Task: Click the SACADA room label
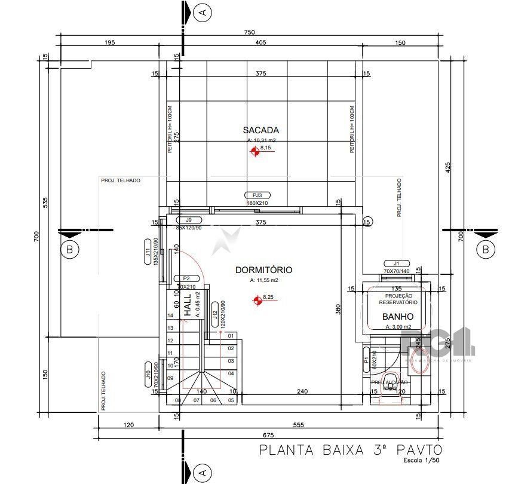coord(261,130)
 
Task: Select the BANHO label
coord(398,317)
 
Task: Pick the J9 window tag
coord(189,220)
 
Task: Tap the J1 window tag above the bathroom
coord(395,264)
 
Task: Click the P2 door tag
coord(186,278)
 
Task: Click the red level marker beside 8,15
coord(255,152)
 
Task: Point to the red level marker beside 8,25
coord(257,301)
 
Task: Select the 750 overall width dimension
coord(249,32)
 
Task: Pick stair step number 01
coord(231,336)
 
